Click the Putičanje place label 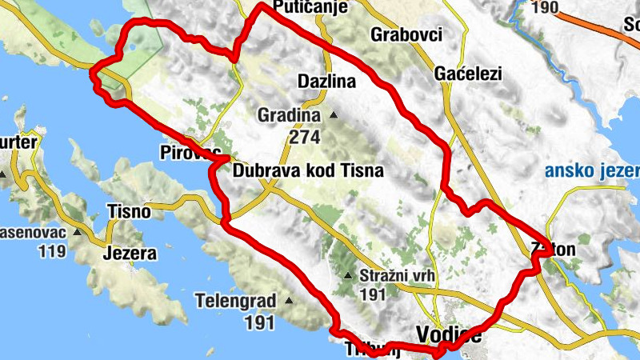(x=310, y=8)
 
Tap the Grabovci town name (x=406, y=34)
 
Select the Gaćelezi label (x=468, y=74)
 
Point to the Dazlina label (x=326, y=82)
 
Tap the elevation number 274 (x=305, y=137)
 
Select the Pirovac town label (x=188, y=152)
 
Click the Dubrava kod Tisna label (x=308, y=170)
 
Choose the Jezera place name (x=128, y=254)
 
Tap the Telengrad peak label (x=235, y=302)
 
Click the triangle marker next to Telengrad (x=288, y=302)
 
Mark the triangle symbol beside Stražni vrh (x=347, y=277)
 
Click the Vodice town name (x=450, y=336)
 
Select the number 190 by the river (x=544, y=8)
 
